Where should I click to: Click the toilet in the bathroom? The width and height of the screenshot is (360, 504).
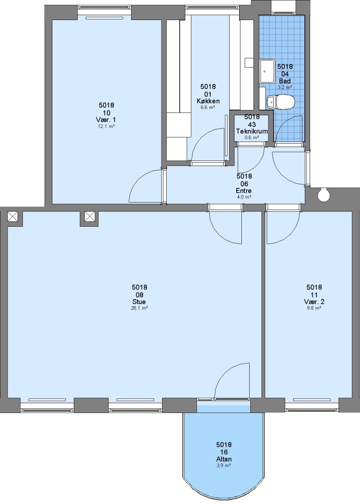coord(281,102)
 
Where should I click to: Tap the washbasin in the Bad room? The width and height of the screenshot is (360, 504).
coord(267,71)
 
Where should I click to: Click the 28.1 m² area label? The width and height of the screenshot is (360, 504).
coord(140,308)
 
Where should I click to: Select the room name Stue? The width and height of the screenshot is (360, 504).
coord(139,302)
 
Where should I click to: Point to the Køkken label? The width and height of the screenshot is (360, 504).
coord(208,101)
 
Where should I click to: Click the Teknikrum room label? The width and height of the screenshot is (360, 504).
coord(252,131)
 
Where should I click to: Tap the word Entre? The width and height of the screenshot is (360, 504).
coord(244,191)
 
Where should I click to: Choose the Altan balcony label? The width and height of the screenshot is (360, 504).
coord(224,459)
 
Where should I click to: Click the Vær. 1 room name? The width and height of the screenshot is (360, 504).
coord(106,120)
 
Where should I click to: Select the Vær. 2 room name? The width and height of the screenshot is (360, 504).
coord(314,302)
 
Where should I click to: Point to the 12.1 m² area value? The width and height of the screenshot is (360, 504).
coord(106,126)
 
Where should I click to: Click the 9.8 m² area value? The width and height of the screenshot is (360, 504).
coord(314,308)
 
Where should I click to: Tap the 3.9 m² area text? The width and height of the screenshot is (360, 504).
coord(224,465)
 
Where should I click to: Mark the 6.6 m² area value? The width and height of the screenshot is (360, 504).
coord(208,107)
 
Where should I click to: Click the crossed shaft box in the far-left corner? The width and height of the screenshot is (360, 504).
coord(13,217)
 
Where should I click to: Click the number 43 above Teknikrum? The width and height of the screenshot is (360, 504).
coord(252,124)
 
